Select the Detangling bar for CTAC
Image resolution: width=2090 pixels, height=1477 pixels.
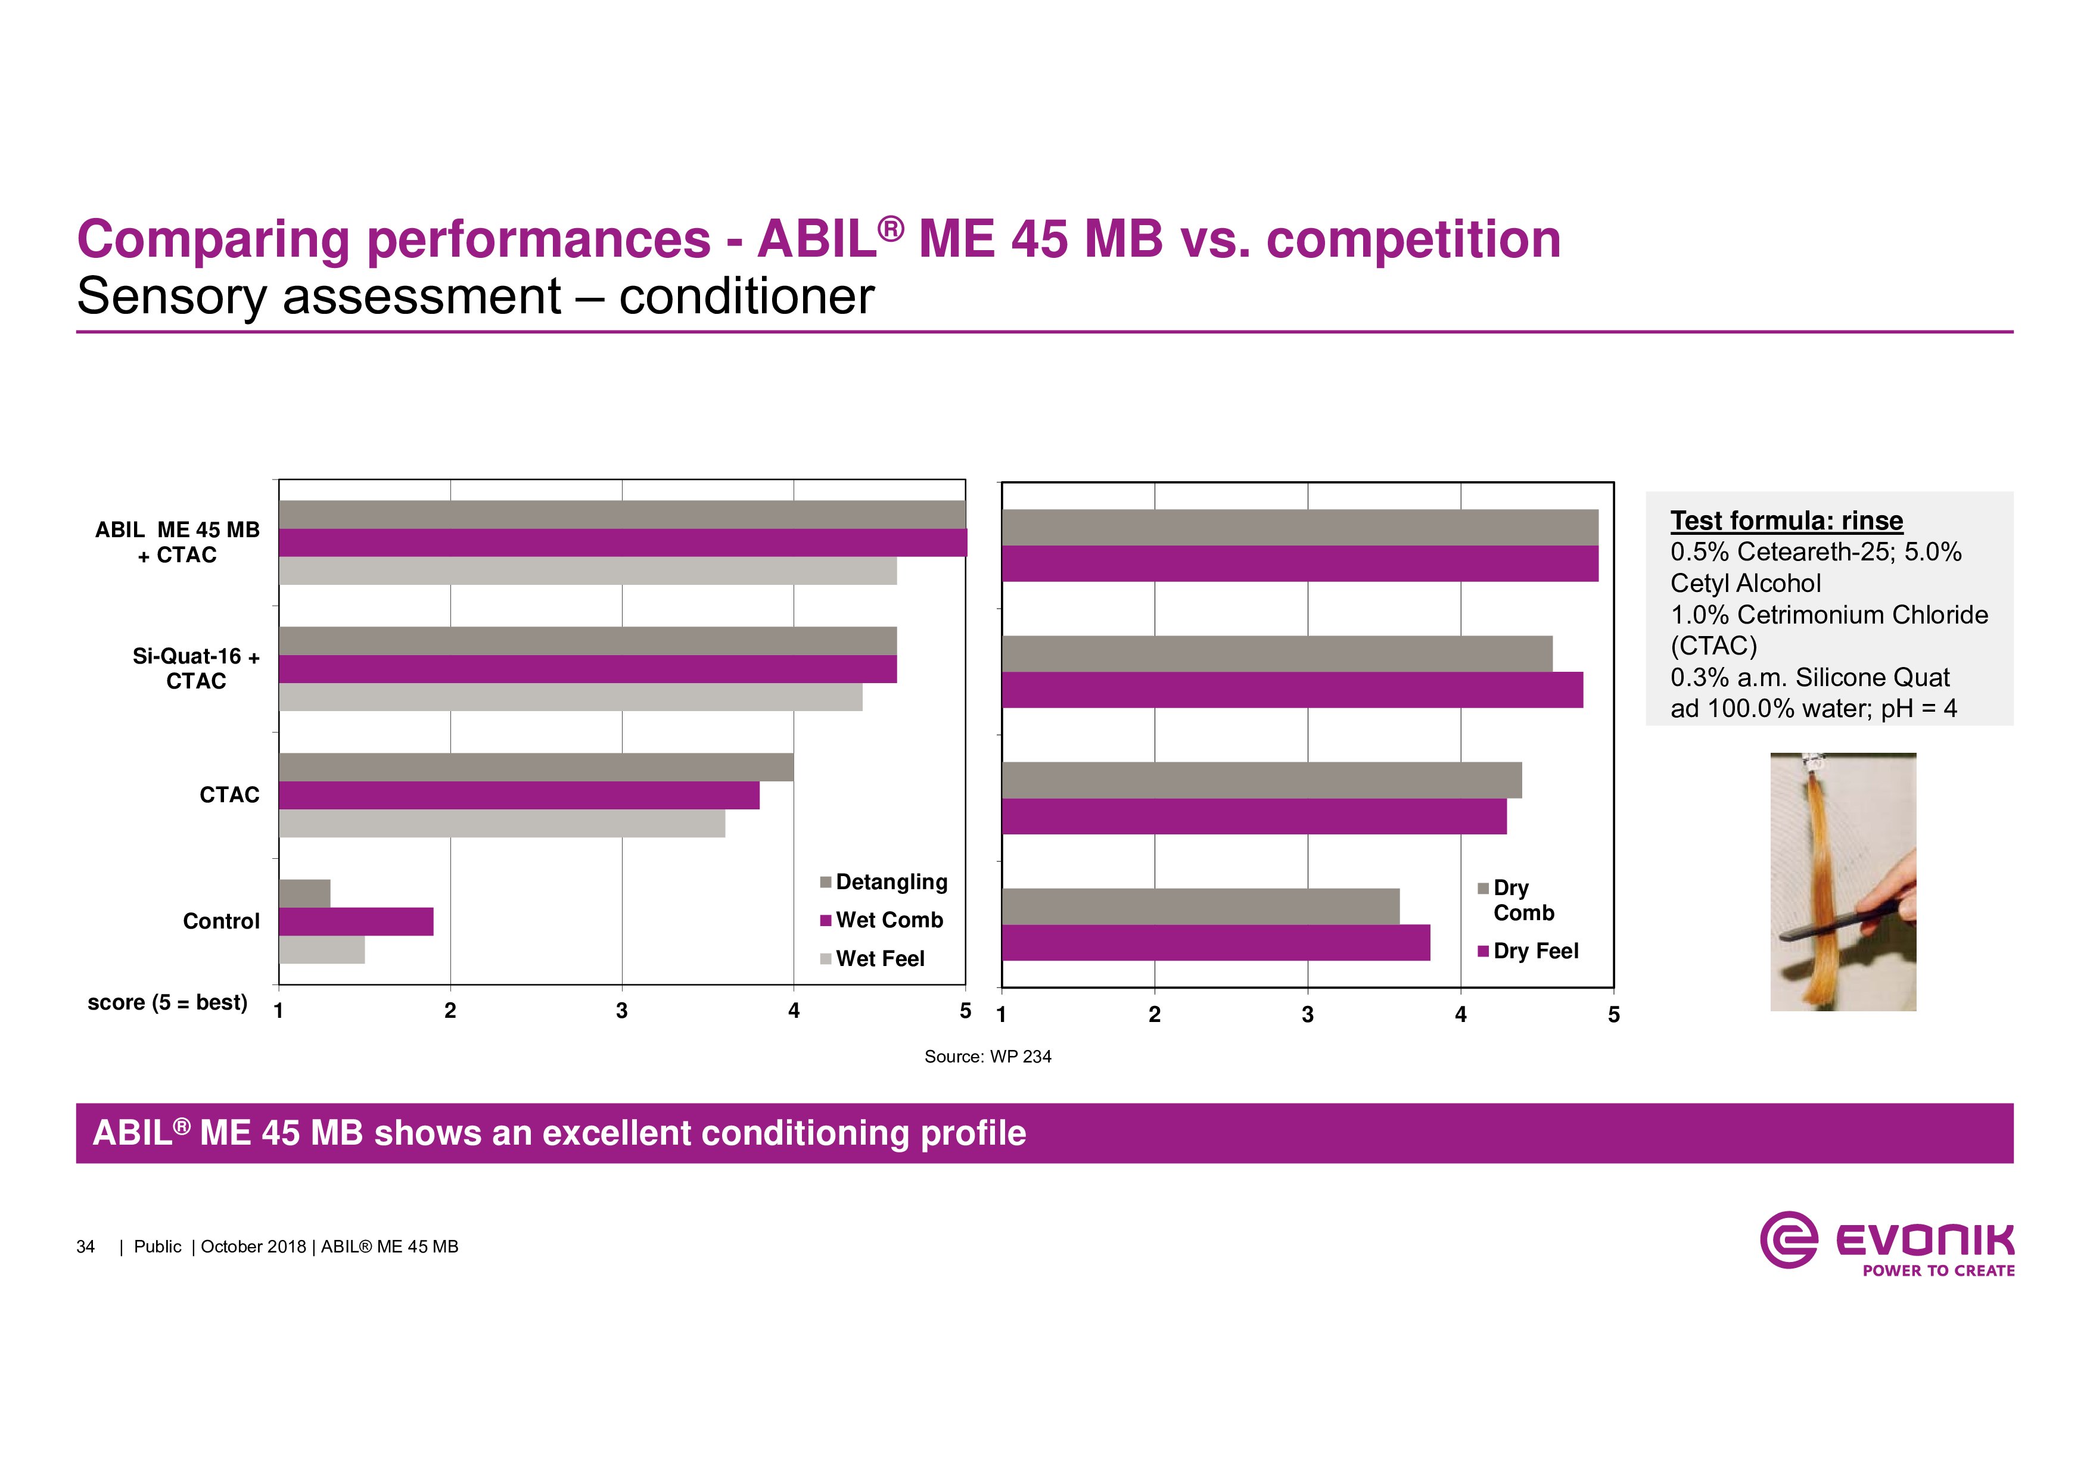[x=535, y=767]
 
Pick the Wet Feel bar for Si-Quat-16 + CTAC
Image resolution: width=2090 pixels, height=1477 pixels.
[x=570, y=697]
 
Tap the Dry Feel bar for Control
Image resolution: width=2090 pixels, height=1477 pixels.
[x=1215, y=943]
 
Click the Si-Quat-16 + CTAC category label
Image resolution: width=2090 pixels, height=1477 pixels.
[x=195, y=668]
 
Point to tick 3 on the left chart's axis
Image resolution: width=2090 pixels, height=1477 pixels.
[x=622, y=1010]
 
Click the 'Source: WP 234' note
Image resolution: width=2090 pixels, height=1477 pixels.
[x=988, y=1057]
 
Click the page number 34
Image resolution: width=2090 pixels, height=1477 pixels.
[x=86, y=1247]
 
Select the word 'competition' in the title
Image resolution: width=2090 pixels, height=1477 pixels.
[x=1413, y=239]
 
